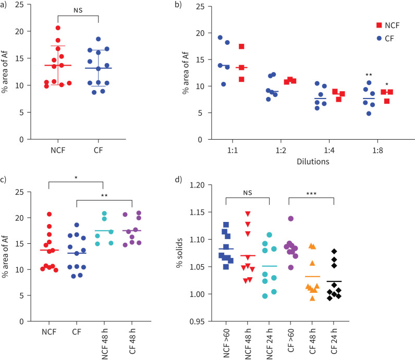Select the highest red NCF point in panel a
[x=58, y=28]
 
